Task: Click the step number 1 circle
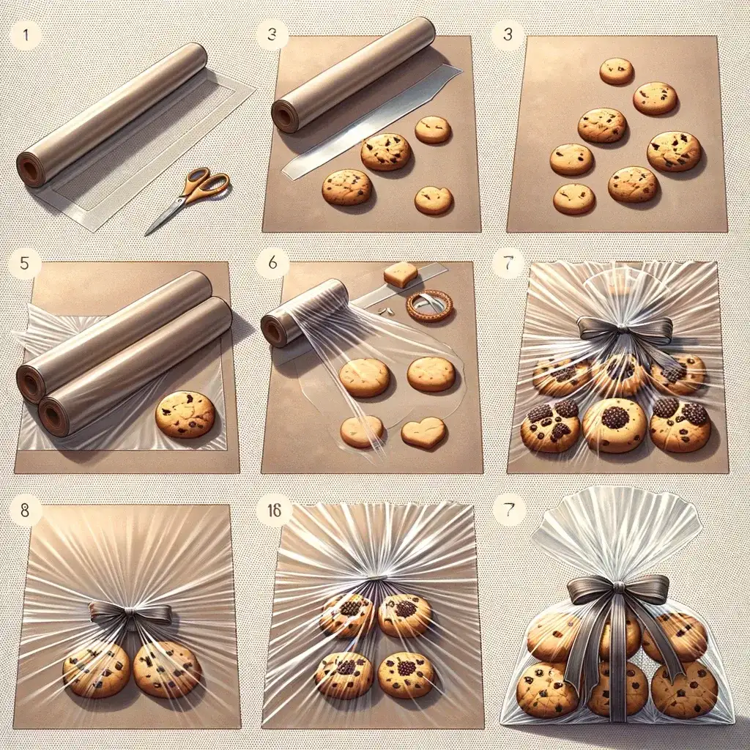coord(25,34)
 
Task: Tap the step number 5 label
coord(25,263)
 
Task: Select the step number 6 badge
coord(272,263)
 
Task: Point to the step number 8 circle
coord(25,510)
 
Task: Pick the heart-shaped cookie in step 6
coord(424,432)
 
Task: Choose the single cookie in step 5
coord(185,415)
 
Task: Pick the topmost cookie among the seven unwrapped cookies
coord(617,71)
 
